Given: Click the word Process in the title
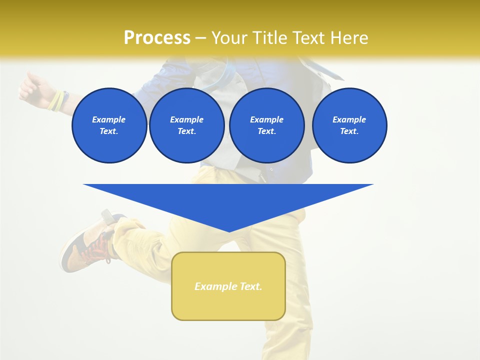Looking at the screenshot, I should [157, 38].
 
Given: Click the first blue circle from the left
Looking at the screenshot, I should [109, 125].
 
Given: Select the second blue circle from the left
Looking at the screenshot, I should [186, 125].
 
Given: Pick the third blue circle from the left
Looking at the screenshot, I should [266, 125].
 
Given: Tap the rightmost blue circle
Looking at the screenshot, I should [349, 125].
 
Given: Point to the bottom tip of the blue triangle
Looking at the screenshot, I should [229, 231].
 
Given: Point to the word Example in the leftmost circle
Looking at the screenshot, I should [109, 119].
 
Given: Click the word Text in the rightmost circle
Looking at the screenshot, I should [349, 131].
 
